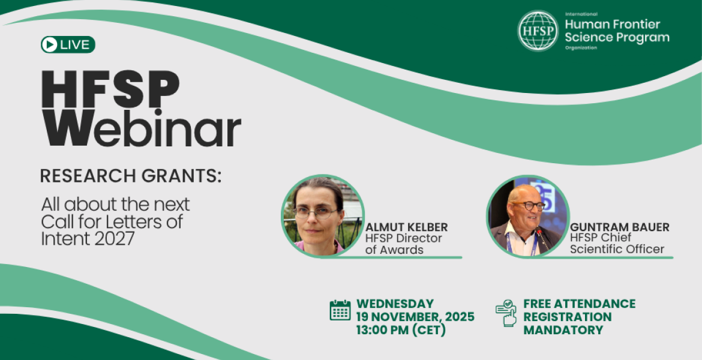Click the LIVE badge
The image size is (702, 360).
click(68, 44)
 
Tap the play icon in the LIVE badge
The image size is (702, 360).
click(50, 44)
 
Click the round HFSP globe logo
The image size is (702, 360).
click(538, 31)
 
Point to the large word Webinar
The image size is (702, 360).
click(141, 127)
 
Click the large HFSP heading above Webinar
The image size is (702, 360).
click(110, 89)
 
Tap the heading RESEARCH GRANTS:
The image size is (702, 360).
click(131, 176)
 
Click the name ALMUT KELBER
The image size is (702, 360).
click(406, 227)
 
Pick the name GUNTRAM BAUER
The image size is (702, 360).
click(620, 227)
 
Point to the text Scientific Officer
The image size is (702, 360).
click(617, 249)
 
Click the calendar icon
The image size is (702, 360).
click(340, 310)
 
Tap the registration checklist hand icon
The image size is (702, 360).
click(506, 313)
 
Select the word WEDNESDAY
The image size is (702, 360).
click(395, 304)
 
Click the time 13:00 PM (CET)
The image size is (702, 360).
click(401, 329)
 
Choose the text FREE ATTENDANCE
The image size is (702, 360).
click(579, 304)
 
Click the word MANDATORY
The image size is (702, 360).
click(563, 329)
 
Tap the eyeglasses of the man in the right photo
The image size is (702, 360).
click(529, 206)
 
